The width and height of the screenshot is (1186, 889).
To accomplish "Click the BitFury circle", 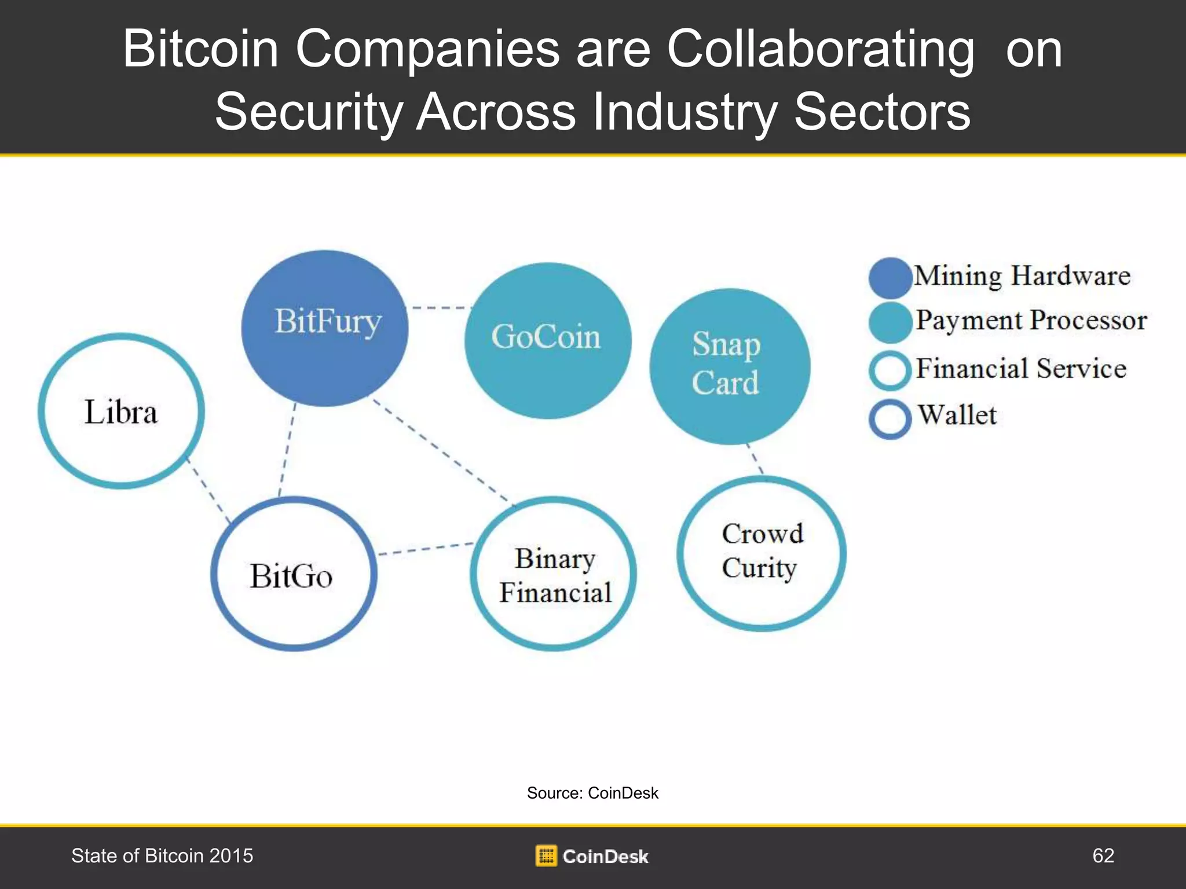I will [325, 328].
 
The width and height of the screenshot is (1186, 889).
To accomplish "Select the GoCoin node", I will [548, 340].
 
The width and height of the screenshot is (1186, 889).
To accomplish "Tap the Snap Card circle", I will [730, 366].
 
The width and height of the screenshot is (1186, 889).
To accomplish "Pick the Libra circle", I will [121, 411].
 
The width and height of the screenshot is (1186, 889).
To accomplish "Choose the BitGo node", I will [294, 574].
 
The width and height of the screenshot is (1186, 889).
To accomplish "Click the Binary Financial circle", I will [554, 574].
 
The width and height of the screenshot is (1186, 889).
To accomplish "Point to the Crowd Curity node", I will [761, 553].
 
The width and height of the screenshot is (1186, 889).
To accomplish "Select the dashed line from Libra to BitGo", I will [208, 490].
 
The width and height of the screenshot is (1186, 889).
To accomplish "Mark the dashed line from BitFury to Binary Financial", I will [443, 451].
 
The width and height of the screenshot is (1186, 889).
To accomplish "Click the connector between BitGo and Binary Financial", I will [426, 549].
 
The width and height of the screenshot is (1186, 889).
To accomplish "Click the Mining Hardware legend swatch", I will [890, 277].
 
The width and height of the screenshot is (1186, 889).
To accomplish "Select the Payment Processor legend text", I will [1031, 321].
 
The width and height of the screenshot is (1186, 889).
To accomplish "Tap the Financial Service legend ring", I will [890, 370].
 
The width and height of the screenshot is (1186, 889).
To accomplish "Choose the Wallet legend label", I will [957, 416].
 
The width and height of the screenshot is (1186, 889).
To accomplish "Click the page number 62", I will [1103, 855].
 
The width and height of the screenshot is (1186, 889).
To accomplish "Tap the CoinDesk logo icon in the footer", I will [546, 856].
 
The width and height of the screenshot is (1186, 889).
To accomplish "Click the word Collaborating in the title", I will [820, 49].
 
